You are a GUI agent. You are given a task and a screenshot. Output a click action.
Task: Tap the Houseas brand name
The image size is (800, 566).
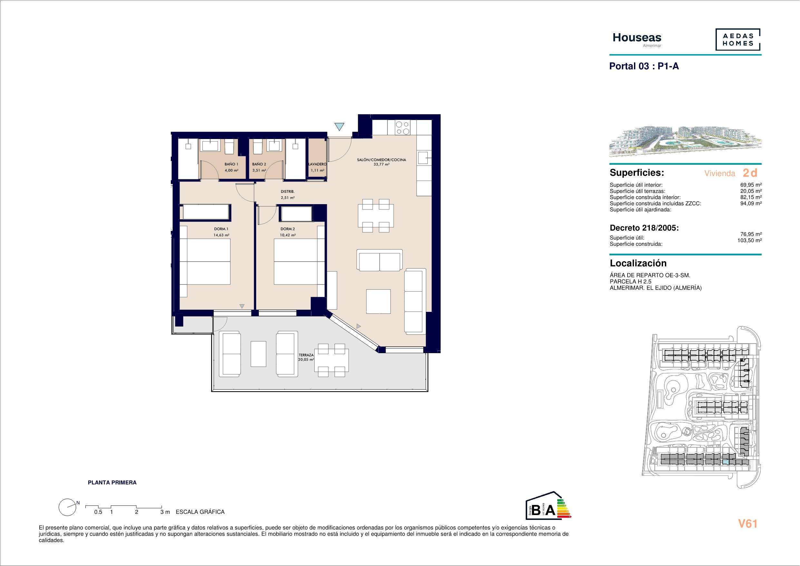(x=637, y=38)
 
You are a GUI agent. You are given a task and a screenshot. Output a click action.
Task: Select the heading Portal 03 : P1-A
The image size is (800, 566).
(x=644, y=66)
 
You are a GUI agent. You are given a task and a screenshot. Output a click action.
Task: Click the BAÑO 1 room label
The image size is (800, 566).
(x=231, y=164)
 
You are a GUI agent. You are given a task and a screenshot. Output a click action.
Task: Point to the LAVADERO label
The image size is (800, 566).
(x=317, y=164)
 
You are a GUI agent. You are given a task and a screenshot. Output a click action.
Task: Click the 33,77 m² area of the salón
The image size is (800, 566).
(x=382, y=164)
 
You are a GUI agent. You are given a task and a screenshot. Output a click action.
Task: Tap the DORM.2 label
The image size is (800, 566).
(x=288, y=229)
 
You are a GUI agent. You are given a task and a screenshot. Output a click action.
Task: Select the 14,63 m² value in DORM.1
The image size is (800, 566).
(x=221, y=235)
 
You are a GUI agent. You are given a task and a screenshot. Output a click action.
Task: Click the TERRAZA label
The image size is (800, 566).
(x=306, y=355)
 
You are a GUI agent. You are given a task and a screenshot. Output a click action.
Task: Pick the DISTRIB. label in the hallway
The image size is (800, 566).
(x=288, y=192)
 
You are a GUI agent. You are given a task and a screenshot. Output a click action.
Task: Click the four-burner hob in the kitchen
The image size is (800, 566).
(x=402, y=128)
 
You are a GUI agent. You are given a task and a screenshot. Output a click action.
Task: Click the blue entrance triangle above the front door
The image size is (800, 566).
(x=340, y=126)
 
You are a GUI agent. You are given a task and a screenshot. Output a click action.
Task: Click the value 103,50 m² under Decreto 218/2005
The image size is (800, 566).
(x=749, y=240)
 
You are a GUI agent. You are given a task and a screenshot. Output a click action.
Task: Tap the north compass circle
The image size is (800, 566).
(x=68, y=507)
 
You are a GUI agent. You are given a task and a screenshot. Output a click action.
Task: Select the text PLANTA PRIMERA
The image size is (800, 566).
(x=112, y=483)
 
